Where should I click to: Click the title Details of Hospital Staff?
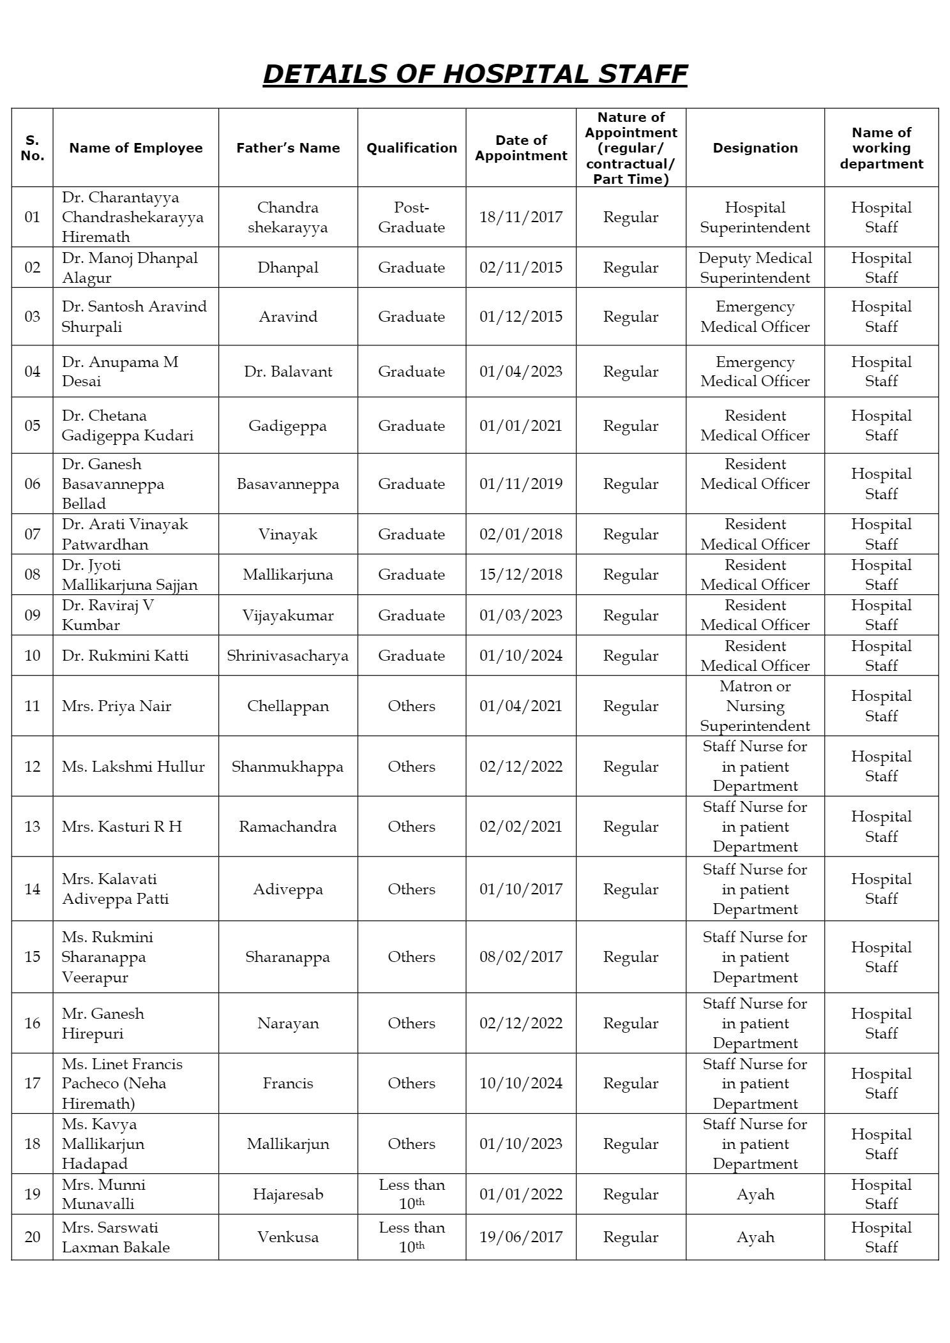pyautogui.click(x=474, y=74)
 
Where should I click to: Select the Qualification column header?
pyautogui.click(x=412, y=148)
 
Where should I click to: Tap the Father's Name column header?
pyautogui.click(x=288, y=148)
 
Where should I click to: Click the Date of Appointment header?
pyautogui.click(x=521, y=148)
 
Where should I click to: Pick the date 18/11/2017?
pyautogui.click(x=521, y=217)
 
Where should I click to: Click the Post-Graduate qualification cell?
pyautogui.click(x=412, y=217)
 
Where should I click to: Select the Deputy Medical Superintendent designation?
pyautogui.click(x=755, y=267)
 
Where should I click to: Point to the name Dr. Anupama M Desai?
pyautogui.click(x=120, y=371)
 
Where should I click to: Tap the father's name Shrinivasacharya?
pyautogui.click(x=288, y=656)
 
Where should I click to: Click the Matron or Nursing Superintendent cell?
pyautogui.click(x=755, y=706)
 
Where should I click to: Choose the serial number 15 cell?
pyautogui.click(x=33, y=957)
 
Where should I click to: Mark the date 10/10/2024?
pyautogui.click(x=521, y=1083)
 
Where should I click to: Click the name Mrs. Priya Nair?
pyautogui.click(x=117, y=706)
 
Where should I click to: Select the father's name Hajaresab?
pyautogui.click(x=288, y=1194)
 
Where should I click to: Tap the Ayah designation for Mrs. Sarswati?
pyautogui.click(x=755, y=1237)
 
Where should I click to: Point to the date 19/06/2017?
pyautogui.click(x=521, y=1237)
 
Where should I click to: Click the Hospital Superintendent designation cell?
pyautogui.click(x=755, y=217)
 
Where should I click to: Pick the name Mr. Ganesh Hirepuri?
pyautogui.click(x=103, y=1023)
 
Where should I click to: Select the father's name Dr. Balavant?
pyautogui.click(x=288, y=371)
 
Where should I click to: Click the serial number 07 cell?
pyautogui.click(x=33, y=534)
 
